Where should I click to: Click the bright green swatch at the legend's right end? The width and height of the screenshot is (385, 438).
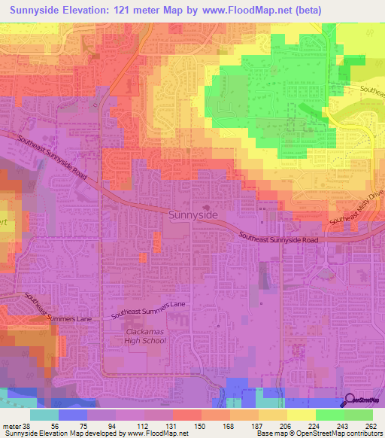359,415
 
